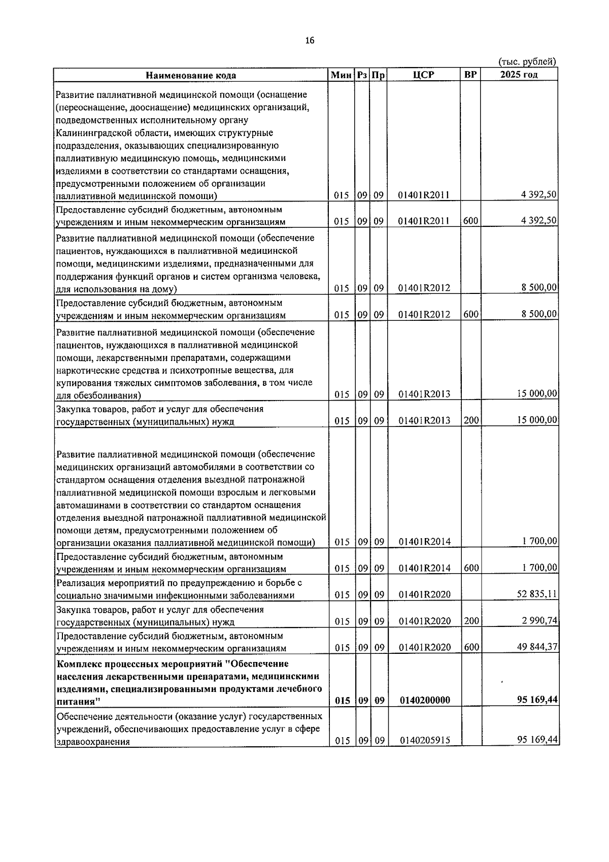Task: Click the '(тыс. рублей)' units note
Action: pyautogui.click(x=528, y=62)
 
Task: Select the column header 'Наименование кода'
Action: pyautogui.click(x=191, y=75)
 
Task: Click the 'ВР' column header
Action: pyautogui.click(x=470, y=75)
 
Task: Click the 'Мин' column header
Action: pyautogui.click(x=341, y=75)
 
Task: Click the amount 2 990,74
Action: pyautogui.click(x=540, y=620)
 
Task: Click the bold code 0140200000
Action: pyautogui.click(x=425, y=700)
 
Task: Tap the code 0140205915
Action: pyautogui.click(x=425, y=741)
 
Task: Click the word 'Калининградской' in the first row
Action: pyautogui.click(x=91, y=132)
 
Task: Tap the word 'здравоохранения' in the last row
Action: pyautogui.click(x=93, y=742)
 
